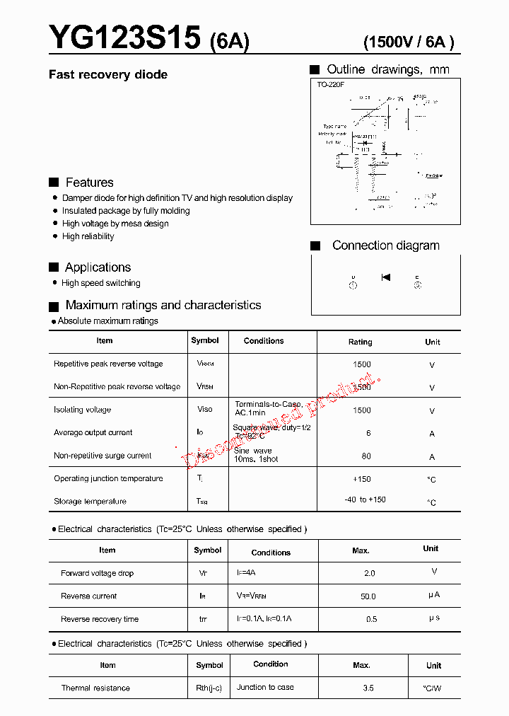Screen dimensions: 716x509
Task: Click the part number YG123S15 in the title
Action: click(x=124, y=38)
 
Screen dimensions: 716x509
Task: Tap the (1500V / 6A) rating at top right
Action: click(x=409, y=42)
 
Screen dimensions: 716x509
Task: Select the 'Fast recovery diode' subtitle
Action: click(x=107, y=75)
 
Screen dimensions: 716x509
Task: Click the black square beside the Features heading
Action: click(x=54, y=183)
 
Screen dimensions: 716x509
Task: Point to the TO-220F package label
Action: click(x=330, y=85)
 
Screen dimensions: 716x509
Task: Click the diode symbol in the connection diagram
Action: click(x=385, y=277)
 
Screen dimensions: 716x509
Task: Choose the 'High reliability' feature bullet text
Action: click(x=88, y=236)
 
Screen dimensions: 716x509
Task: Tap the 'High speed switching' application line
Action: click(x=100, y=283)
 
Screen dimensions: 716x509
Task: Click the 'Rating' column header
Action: click(x=360, y=342)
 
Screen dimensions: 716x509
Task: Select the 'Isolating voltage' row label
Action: click(x=82, y=410)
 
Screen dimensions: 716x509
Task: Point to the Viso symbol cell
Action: click(x=204, y=410)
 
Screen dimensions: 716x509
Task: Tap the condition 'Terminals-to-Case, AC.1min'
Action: click(x=268, y=408)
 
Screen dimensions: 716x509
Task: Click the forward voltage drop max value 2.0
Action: click(x=368, y=573)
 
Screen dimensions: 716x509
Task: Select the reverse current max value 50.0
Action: click(x=368, y=596)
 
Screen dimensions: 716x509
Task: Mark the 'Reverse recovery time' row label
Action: click(x=100, y=619)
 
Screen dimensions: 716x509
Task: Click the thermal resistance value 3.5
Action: click(x=368, y=688)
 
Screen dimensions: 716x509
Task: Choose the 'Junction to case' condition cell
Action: click(x=265, y=687)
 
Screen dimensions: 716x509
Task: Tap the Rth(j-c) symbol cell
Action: click(x=209, y=688)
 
